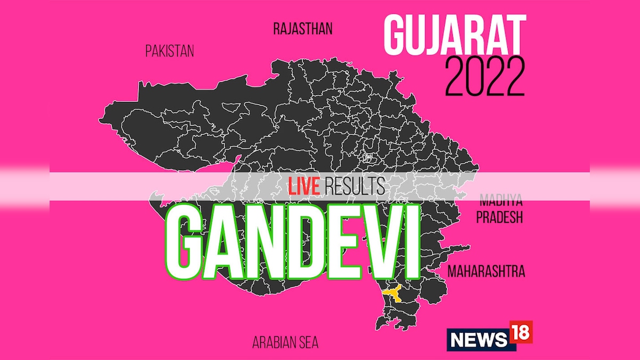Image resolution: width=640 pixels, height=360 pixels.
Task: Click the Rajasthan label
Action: click(x=302, y=28)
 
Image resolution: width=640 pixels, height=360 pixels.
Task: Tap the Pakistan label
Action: click(x=170, y=51)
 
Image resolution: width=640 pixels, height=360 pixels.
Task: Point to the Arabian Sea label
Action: click(x=286, y=342)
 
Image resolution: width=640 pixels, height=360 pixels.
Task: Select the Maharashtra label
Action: click(x=486, y=271)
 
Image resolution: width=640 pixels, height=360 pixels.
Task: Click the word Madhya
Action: click(x=501, y=201)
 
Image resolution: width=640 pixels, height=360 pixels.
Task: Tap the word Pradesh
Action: click(x=499, y=218)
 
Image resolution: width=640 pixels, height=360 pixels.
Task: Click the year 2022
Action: click(x=485, y=77)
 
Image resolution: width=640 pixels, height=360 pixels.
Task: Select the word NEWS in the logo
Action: click(x=477, y=339)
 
